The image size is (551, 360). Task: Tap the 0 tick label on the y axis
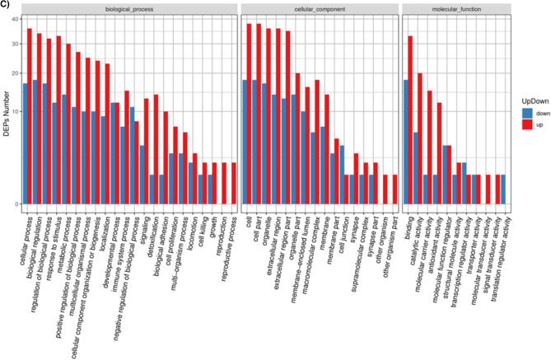click(16, 203)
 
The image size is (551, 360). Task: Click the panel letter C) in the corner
click(6, 5)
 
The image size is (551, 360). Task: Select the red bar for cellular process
click(30, 116)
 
